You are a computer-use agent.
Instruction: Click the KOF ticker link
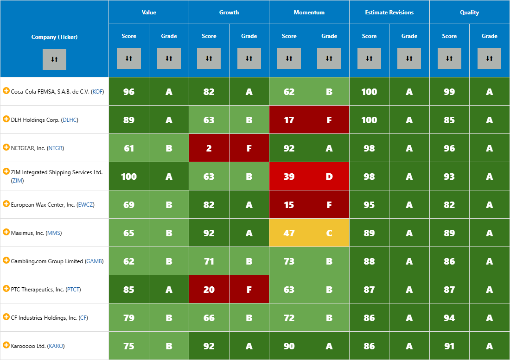(97, 92)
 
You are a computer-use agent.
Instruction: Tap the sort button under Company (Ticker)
(54, 59)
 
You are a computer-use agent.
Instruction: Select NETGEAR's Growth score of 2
(209, 148)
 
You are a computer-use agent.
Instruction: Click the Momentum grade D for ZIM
(329, 177)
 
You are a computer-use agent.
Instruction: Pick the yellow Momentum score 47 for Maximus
(289, 233)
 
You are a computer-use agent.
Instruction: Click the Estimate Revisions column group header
(389, 13)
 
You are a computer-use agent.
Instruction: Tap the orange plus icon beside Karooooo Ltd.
(6, 345)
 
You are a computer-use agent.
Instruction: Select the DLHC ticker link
(70, 120)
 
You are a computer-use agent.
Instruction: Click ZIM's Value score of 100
(129, 177)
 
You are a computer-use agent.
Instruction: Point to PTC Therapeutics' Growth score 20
(209, 290)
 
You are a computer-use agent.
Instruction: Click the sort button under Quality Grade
(489, 58)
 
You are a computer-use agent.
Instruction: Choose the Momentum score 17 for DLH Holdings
(289, 120)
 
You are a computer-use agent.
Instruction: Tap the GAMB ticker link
(94, 261)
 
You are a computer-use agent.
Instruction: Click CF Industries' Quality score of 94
(449, 318)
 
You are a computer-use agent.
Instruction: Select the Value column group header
(149, 13)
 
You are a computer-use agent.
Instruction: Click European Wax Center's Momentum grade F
(329, 205)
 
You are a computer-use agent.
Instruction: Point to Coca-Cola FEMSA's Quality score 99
(449, 92)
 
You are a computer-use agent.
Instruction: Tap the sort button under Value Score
(129, 58)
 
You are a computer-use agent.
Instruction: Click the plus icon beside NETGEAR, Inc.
(6, 147)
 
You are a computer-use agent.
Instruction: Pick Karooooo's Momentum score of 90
(289, 346)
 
